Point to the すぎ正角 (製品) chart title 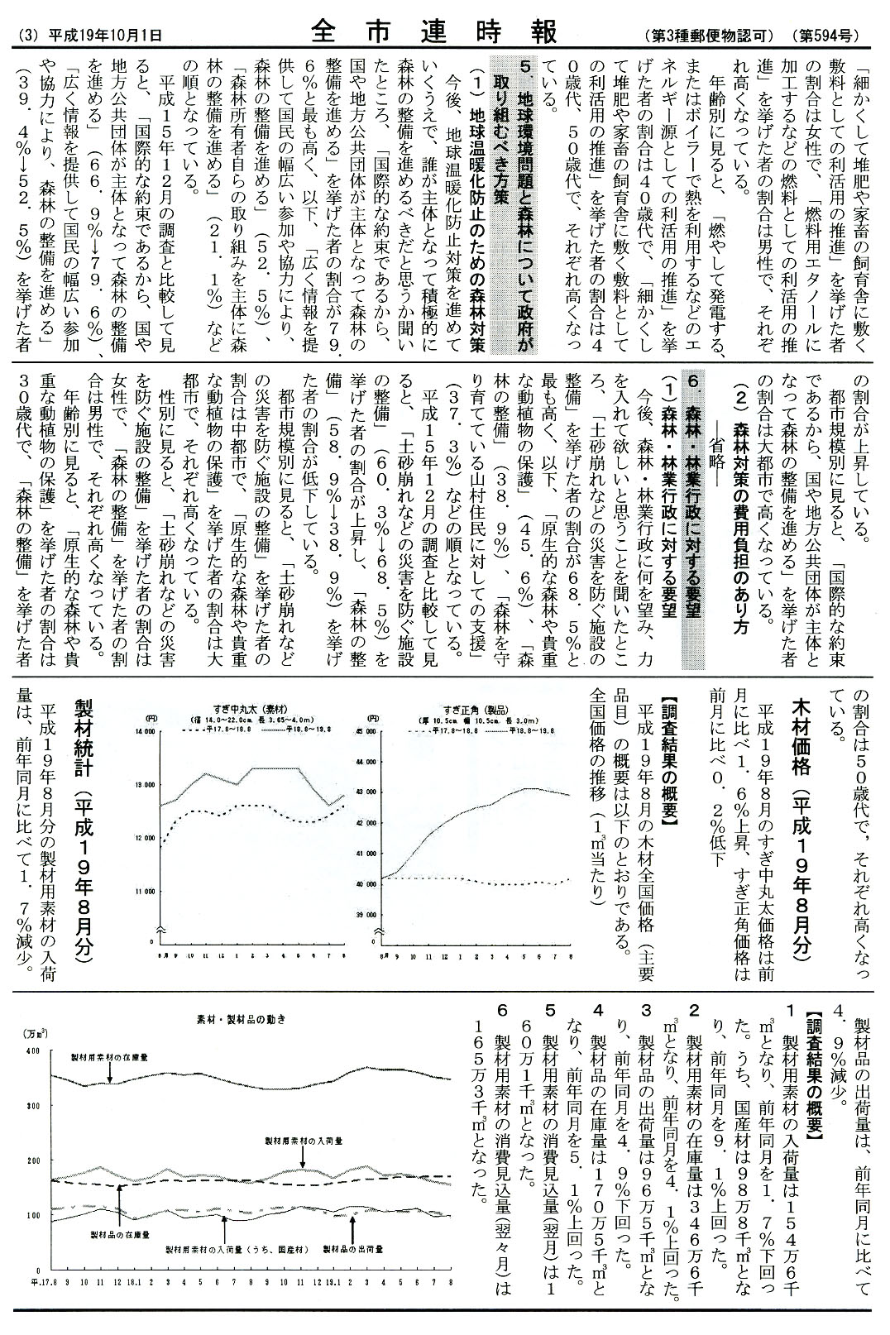tap(465, 709)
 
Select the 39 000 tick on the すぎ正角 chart tap(366, 915)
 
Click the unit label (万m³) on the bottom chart tap(35, 1033)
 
